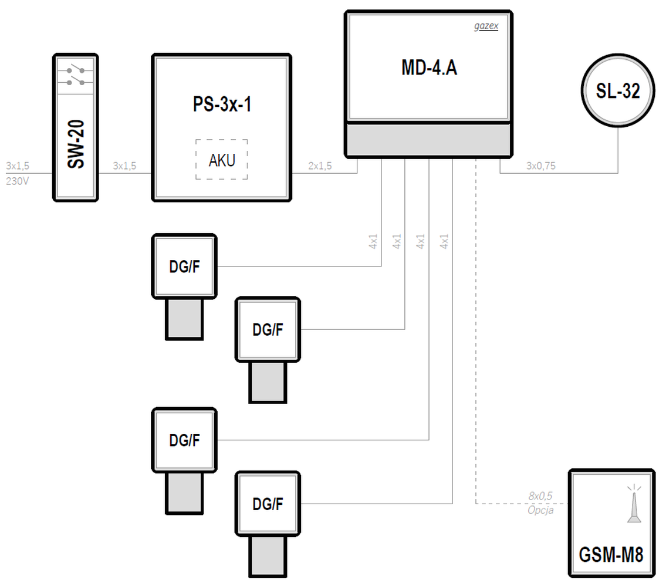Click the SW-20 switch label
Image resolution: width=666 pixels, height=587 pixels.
click(76, 144)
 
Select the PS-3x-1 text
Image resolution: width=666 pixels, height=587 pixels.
click(222, 104)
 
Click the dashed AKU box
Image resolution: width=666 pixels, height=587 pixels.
click(222, 160)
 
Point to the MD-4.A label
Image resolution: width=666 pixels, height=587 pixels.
click(429, 68)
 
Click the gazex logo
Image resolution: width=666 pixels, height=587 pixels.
click(486, 26)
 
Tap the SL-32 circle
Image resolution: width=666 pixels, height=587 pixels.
click(617, 90)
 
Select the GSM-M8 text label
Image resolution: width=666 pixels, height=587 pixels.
click(611, 555)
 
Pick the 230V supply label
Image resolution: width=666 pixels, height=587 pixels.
click(18, 181)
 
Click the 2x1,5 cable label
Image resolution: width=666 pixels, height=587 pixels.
click(320, 166)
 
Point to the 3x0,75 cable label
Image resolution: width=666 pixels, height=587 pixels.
click(540, 166)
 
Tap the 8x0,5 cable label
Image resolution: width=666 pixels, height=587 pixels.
click(540, 495)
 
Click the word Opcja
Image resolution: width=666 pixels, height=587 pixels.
click(540, 510)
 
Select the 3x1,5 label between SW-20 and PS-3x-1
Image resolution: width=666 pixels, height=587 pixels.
click(124, 166)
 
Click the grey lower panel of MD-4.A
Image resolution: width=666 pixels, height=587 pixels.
click(428, 140)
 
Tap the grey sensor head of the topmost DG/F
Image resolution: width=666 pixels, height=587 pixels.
click(184, 319)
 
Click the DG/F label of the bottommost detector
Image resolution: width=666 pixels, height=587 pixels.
click(268, 504)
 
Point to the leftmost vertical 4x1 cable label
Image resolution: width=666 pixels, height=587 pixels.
click(373, 241)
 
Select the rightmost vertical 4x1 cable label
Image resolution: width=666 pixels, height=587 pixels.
click(444, 241)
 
